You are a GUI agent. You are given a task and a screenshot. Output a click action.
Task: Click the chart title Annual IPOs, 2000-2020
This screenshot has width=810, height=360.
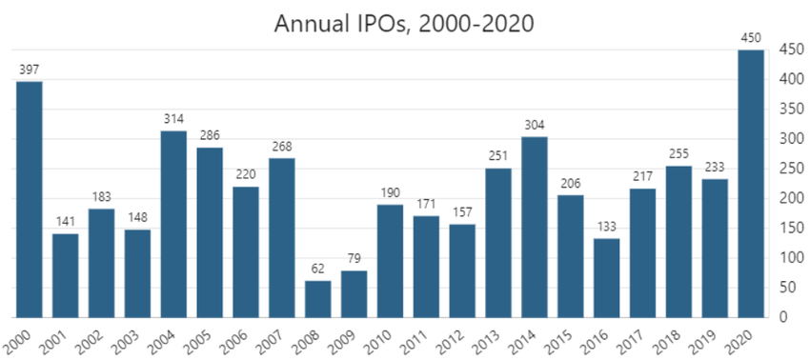[404, 23]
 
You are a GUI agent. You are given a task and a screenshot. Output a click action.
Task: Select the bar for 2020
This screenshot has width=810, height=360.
[751, 183]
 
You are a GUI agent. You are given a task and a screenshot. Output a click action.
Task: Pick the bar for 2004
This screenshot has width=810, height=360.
[173, 224]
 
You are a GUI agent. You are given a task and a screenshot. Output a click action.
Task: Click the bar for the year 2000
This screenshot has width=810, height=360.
[29, 199]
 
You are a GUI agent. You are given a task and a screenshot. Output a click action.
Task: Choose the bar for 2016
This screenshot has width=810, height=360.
[607, 277]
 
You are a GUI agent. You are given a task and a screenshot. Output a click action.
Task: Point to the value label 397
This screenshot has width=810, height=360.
[29, 70]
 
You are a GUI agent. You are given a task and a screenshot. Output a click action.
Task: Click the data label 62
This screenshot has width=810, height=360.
[317, 270]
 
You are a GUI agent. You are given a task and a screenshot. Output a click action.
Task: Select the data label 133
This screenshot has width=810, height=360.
[607, 227]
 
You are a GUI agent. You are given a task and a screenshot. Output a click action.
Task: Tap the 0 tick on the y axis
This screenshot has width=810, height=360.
[783, 317]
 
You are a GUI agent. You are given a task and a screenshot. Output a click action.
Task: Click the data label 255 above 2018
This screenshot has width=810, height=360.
[679, 154]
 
